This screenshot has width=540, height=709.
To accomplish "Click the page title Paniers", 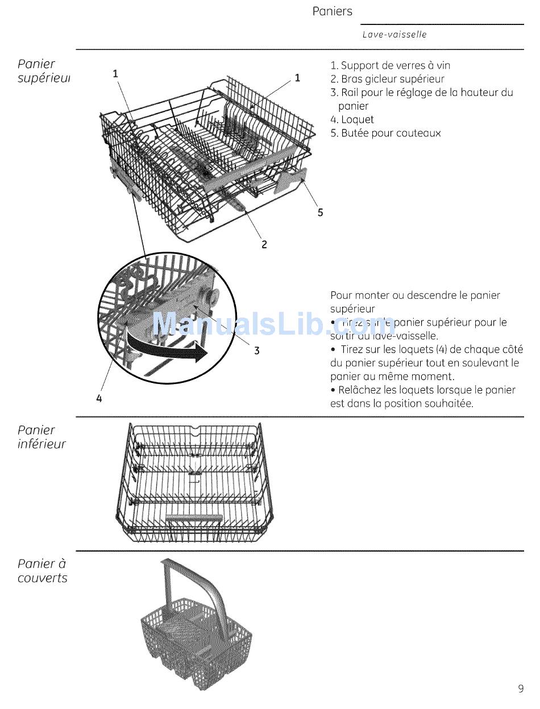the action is (332, 11).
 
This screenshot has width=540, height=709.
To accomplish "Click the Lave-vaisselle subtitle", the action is (394, 35).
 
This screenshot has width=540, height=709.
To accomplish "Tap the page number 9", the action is (521, 689).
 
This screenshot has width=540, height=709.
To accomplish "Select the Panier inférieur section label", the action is (41, 437).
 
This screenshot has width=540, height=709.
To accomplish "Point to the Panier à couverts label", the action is (42, 571).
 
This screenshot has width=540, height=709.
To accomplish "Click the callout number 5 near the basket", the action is (321, 212).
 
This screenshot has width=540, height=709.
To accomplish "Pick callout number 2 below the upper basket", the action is (264, 245).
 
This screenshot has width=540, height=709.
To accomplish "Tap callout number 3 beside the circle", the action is (257, 351).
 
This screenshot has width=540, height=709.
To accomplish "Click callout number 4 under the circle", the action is (99, 399).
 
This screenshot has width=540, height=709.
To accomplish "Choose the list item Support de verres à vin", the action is (391, 65).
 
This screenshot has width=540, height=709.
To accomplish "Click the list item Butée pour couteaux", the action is (385, 134).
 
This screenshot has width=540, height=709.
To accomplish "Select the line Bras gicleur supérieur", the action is (388, 79).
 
